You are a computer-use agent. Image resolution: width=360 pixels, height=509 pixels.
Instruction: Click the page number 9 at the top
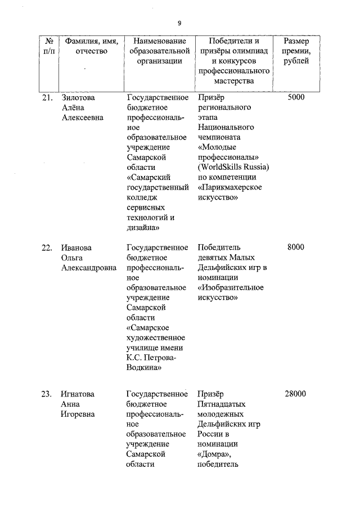pos(179,23)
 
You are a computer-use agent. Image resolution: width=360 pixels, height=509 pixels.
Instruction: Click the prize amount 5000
pos(295,97)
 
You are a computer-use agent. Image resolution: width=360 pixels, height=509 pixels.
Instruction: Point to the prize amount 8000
pos(295,247)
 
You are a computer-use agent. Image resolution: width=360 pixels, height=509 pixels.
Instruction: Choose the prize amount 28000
pos(295,394)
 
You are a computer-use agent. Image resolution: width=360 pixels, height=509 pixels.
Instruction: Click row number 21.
pos(47,97)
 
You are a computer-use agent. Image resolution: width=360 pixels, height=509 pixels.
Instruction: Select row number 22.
pos(47,247)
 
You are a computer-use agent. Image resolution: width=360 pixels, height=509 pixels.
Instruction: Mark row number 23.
pos(47,394)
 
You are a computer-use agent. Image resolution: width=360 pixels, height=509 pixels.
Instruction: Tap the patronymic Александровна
pos(89,268)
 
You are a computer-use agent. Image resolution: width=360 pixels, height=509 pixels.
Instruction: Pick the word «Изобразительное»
pos(231,287)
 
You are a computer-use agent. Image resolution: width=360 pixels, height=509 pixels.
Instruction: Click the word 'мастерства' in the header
pos(233,82)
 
